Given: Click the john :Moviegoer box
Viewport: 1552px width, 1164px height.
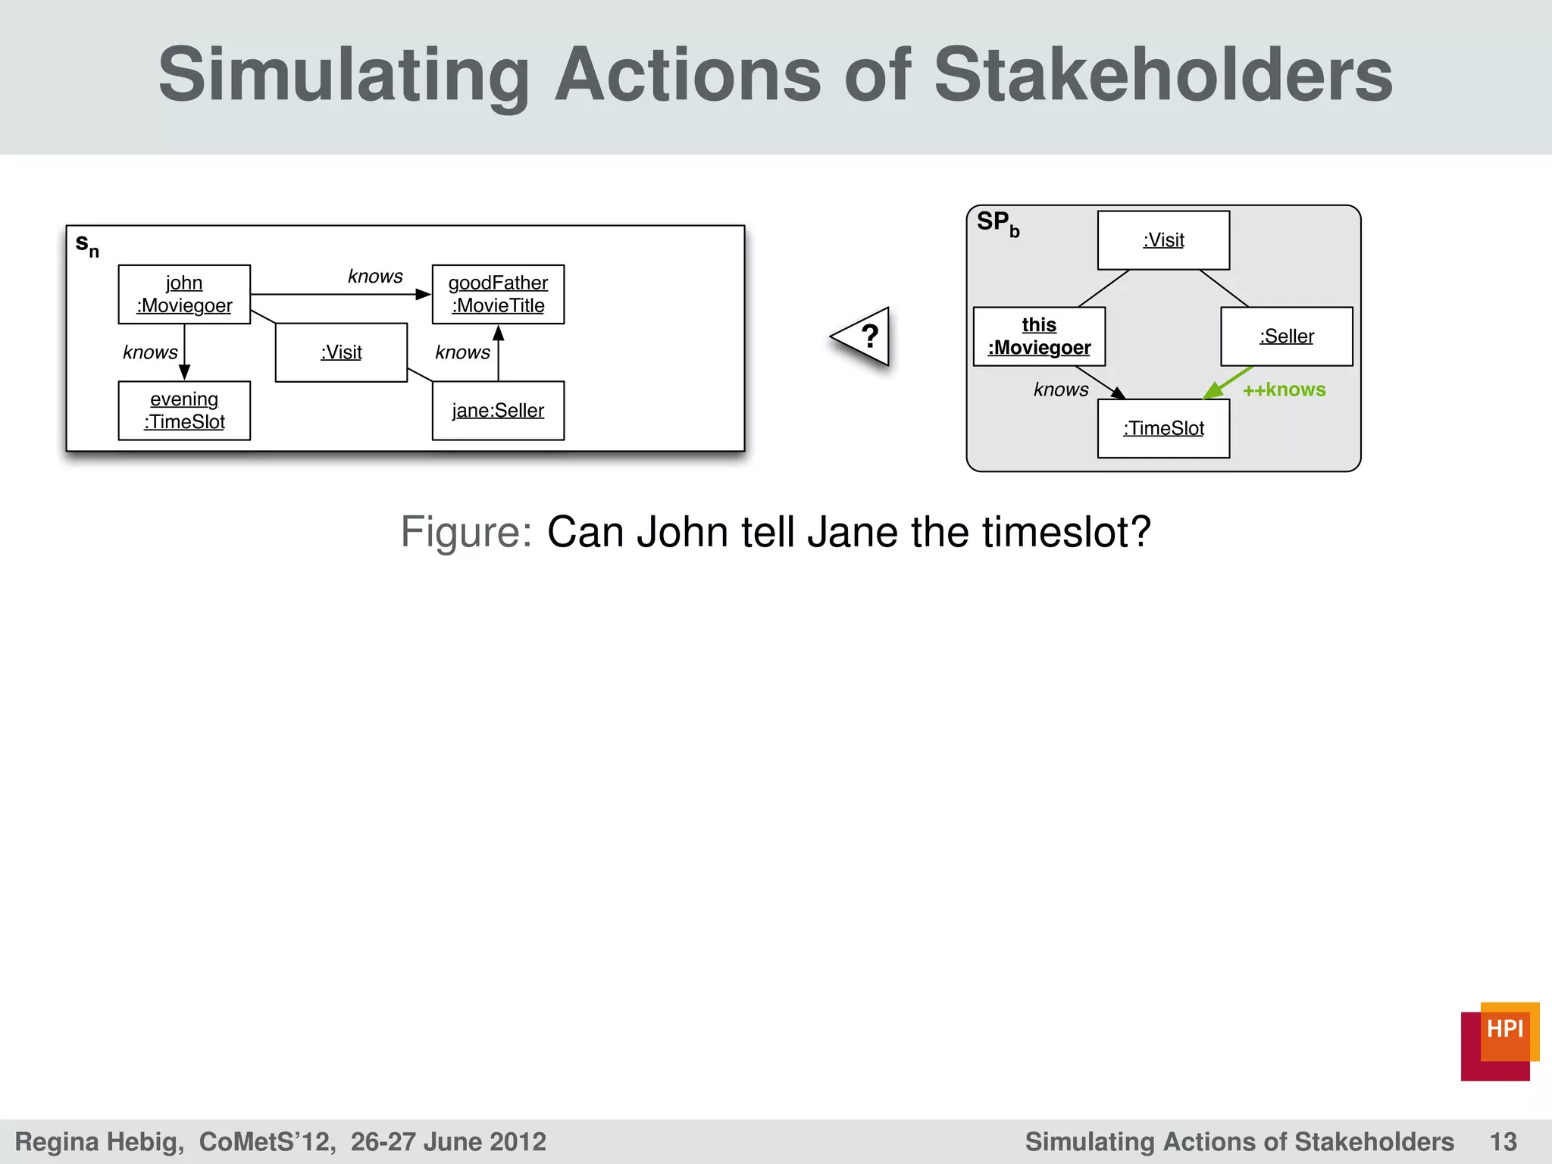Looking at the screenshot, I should point(184,294).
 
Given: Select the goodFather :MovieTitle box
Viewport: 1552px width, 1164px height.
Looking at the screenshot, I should point(498,294).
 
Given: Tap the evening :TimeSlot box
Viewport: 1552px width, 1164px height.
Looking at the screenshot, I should point(184,411).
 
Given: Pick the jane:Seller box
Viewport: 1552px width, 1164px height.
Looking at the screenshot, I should point(498,411).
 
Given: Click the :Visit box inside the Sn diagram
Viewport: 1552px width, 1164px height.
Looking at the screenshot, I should point(341,352).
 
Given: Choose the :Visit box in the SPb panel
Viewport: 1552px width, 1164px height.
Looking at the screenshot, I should point(1163,240).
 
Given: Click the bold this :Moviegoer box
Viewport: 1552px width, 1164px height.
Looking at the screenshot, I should point(1039,336).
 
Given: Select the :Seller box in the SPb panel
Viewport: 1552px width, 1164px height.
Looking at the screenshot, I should point(1286,336).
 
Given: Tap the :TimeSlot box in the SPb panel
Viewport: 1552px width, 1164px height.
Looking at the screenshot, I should point(1163,428).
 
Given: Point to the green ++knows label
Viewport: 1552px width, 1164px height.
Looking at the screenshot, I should point(1284,390).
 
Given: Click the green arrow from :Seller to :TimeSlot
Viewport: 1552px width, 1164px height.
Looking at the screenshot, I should point(1228,382).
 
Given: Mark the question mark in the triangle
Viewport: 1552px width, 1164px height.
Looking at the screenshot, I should point(870,336).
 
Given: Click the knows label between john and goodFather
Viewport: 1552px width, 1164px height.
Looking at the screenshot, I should point(375,277).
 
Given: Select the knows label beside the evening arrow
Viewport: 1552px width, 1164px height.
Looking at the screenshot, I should point(150,352).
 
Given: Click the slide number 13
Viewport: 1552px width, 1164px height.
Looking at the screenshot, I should point(1503,1142).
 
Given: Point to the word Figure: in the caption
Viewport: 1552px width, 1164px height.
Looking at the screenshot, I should point(466,532).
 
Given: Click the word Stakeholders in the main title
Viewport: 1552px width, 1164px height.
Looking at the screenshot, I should point(1162,75).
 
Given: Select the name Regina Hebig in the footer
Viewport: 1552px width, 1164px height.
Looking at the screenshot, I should point(99,1142).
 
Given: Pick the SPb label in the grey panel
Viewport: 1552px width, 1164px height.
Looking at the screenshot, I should point(998,224).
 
